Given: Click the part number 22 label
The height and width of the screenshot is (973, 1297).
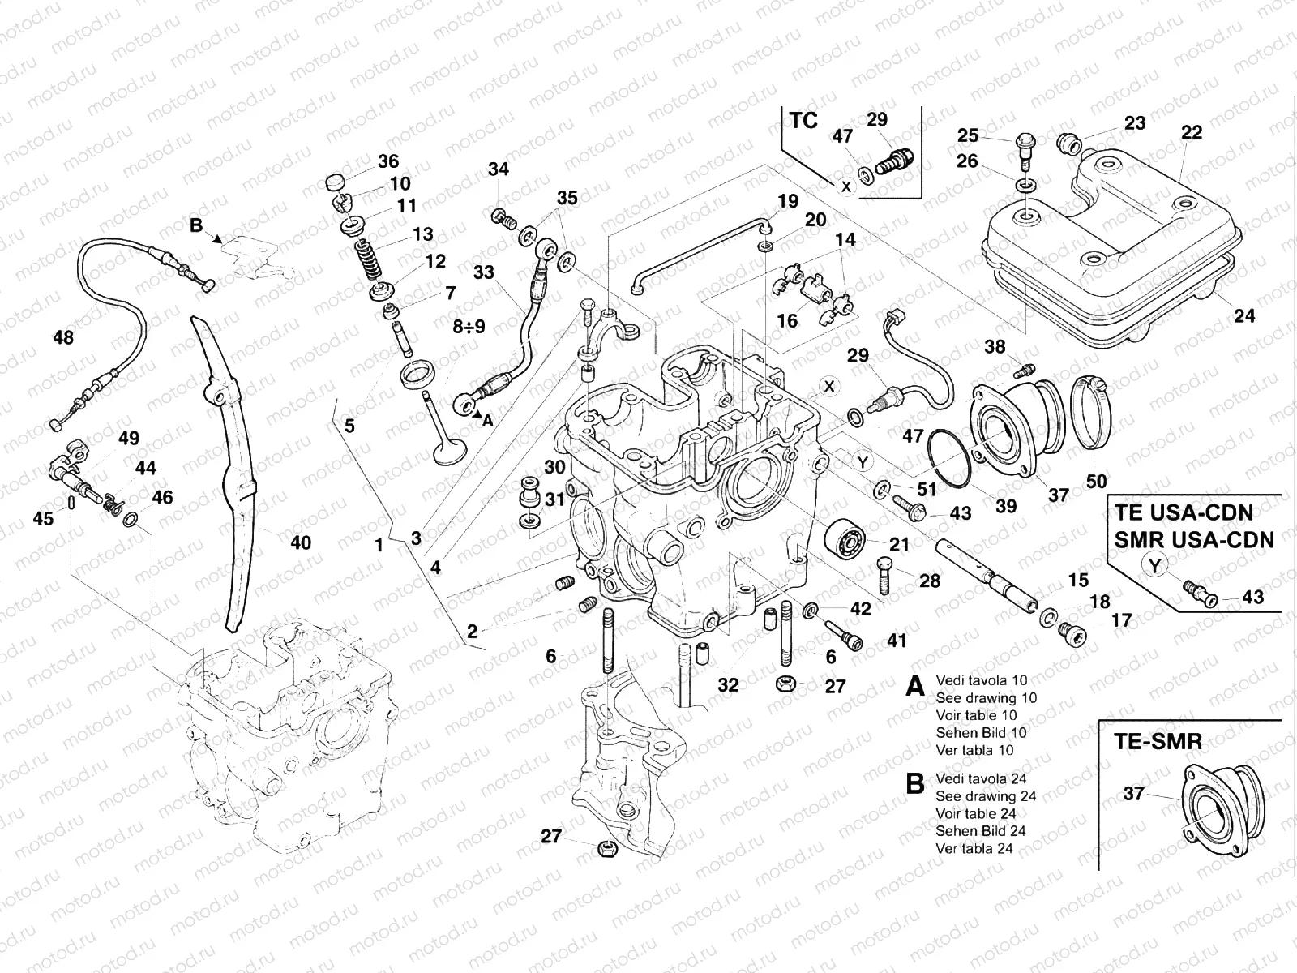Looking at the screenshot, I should [1192, 132].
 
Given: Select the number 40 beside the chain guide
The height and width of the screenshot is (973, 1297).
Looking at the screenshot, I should [301, 542].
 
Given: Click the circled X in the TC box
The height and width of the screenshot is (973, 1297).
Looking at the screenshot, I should [846, 186].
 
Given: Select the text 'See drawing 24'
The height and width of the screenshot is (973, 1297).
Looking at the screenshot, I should [985, 796].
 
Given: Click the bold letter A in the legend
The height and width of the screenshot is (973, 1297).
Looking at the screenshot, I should [915, 688].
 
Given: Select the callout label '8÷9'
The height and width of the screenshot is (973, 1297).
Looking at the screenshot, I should [469, 326].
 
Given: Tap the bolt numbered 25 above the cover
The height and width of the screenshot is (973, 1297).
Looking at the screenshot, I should [1022, 148].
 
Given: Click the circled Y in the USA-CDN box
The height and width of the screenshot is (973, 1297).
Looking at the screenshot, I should [1156, 566].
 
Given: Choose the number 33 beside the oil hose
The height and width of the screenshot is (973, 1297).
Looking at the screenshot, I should [484, 272].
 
